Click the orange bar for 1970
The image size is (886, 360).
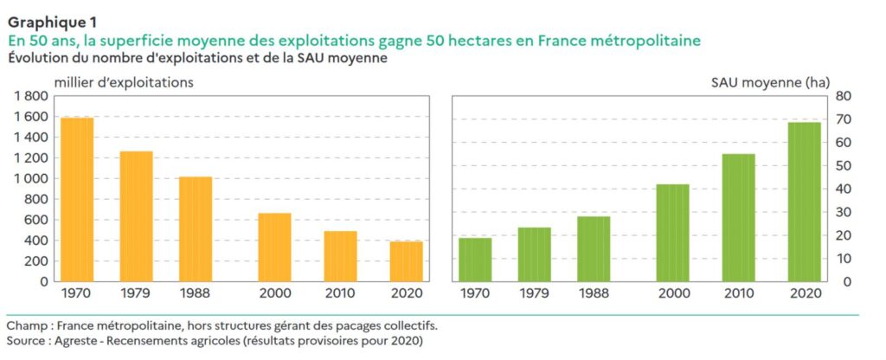click(77, 199)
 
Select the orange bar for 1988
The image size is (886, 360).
click(196, 228)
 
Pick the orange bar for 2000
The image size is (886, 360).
click(274, 247)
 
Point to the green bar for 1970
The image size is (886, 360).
click(475, 259)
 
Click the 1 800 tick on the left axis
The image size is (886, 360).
click(30, 96)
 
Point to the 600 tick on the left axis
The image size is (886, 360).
click(35, 220)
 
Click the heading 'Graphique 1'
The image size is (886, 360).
click(52, 22)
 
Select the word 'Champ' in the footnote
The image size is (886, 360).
click(25, 325)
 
